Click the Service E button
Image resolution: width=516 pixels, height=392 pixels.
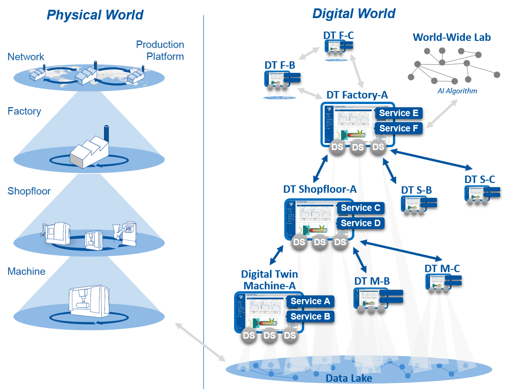pos(398,113)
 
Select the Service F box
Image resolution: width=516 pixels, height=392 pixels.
pos(398,129)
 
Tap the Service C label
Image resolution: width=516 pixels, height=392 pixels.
pos(360,208)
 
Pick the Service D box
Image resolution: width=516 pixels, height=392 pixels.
pos(360,223)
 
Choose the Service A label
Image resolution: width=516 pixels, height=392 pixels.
pos(310,301)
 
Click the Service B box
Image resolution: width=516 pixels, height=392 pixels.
pos(310,317)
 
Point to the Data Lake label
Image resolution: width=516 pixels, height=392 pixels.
pos(349,379)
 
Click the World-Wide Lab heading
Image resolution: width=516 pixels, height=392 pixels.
pos(452,37)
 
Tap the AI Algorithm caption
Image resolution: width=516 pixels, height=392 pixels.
pos(457,91)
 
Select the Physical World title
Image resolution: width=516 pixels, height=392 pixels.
pos(95,15)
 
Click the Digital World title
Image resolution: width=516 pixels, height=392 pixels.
pos(353,13)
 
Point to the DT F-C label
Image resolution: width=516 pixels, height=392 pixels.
pos(339,35)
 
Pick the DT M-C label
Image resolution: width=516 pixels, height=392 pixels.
pos(442,268)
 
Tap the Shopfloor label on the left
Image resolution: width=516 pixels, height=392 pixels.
pos(29,191)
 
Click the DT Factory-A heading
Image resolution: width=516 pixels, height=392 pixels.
pos(357,95)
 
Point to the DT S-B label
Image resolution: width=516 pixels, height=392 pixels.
pos(417,190)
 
